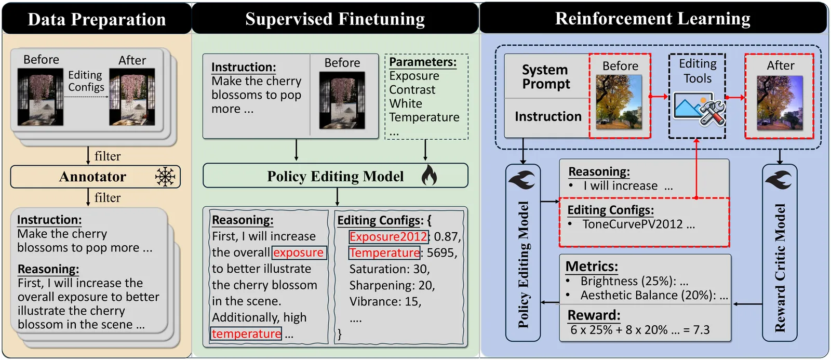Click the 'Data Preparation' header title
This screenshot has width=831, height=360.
97,19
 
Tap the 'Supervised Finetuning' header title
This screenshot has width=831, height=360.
335,19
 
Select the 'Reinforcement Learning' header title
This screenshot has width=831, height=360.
653,19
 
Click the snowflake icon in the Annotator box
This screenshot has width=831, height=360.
165,177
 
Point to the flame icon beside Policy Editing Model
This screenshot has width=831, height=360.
429,176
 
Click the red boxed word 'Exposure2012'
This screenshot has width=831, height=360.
388,237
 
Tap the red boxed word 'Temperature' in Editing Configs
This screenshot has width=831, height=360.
384,253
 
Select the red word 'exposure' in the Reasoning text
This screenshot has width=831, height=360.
299,252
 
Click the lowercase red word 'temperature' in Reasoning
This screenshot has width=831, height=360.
246,334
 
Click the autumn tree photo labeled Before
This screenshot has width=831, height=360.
619,102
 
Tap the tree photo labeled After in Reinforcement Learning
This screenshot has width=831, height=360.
780,102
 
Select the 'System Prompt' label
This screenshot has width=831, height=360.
545,77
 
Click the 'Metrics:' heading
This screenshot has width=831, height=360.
592,266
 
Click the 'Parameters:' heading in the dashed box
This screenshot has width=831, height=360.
423,62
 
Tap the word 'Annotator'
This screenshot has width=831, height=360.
92,177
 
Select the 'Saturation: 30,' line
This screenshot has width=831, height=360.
389,269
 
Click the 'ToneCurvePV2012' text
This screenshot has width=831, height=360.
633,224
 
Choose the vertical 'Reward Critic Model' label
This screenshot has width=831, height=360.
780,267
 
